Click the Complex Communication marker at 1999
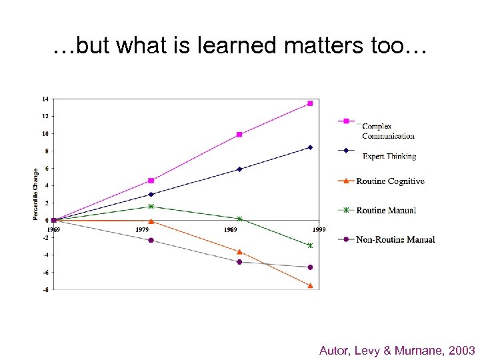[310, 103]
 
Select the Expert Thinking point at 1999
[310, 147]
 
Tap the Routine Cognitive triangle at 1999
[310, 285]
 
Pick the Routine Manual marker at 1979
[151, 207]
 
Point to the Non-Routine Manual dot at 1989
[239, 262]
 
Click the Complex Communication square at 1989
[239, 135]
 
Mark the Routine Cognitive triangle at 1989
[239, 251]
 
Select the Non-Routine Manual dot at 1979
[151, 240]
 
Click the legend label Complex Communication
[388, 131]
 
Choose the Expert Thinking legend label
[389, 157]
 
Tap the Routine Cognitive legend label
[390, 181]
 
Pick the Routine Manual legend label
[386, 211]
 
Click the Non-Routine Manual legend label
[395, 239]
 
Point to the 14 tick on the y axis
[45, 99]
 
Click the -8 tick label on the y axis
[45, 289]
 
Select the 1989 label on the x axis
[231, 229]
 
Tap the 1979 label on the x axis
[143, 229]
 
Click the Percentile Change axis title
[35, 193]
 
